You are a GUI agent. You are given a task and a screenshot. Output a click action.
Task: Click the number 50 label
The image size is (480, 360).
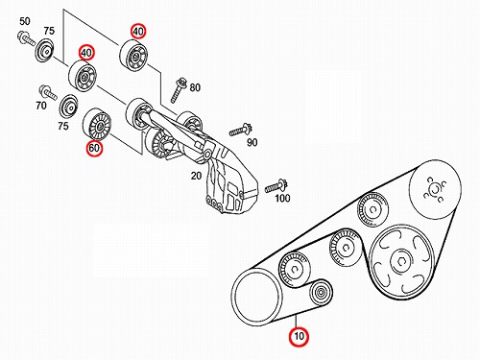25,21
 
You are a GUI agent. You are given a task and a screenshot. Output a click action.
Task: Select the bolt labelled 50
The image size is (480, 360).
26,38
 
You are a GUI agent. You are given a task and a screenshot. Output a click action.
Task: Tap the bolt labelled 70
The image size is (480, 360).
48,92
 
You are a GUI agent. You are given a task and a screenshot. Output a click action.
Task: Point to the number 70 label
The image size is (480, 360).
41,105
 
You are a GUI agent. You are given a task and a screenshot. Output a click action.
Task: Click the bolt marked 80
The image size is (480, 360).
178,89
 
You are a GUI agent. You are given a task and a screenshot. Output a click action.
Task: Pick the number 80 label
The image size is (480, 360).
195,87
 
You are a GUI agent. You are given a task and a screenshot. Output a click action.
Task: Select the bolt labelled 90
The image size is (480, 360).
241,130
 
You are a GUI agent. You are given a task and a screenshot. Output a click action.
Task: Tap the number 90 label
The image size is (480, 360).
252,142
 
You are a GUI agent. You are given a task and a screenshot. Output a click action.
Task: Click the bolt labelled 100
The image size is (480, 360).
276,186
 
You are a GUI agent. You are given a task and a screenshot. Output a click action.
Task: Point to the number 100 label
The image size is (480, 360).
282,199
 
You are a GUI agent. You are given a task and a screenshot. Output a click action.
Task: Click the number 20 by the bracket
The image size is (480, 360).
196,176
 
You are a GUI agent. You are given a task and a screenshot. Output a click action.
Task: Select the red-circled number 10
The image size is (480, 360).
299,337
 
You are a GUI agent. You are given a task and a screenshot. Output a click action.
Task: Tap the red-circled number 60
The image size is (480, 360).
94,148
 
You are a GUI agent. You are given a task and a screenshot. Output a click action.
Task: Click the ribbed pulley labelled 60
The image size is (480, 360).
97,125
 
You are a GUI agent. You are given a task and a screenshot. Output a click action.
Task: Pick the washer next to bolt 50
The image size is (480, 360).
44,51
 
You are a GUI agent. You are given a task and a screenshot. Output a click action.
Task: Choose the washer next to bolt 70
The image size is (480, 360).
69,108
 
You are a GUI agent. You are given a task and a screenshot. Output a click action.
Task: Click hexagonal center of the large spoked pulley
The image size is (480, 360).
399,262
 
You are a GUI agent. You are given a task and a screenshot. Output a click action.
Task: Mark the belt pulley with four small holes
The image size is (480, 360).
435,190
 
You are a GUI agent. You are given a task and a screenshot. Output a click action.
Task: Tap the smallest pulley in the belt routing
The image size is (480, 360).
321,292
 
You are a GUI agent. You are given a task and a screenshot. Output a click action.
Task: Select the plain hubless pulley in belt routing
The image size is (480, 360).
257,298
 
